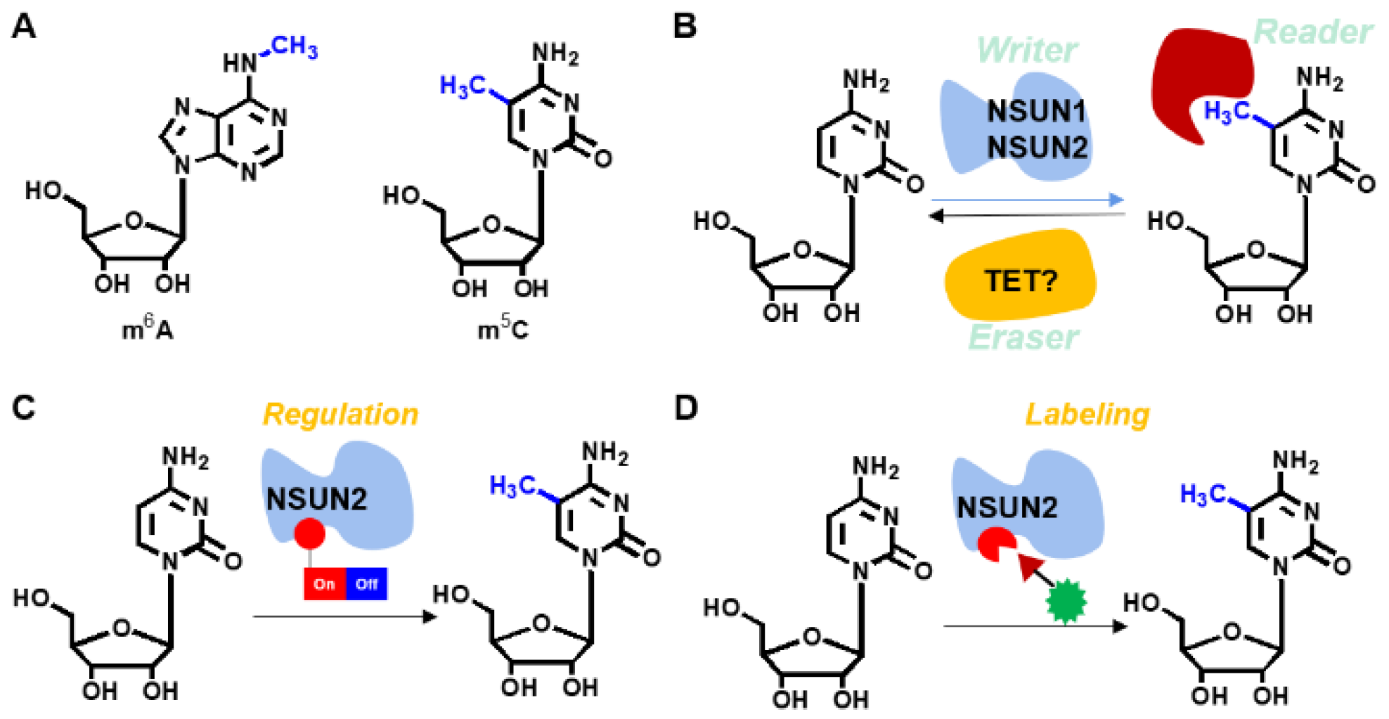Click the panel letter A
tap(23, 27)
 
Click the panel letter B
tap(684, 27)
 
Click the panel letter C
tap(23, 408)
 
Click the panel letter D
tap(685, 408)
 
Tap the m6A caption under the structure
tap(147, 329)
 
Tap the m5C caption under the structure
tap(503, 329)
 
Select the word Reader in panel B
tap(1312, 32)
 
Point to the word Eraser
tap(1023, 338)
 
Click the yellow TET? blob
tap(1020, 278)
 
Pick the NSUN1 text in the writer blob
tap(1037, 111)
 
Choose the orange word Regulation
tap(340, 414)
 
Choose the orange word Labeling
tap(1087, 414)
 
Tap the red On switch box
tap(324, 584)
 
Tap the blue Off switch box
tap(366, 584)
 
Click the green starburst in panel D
tap(1066, 602)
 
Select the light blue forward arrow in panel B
tap(1026, 200)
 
